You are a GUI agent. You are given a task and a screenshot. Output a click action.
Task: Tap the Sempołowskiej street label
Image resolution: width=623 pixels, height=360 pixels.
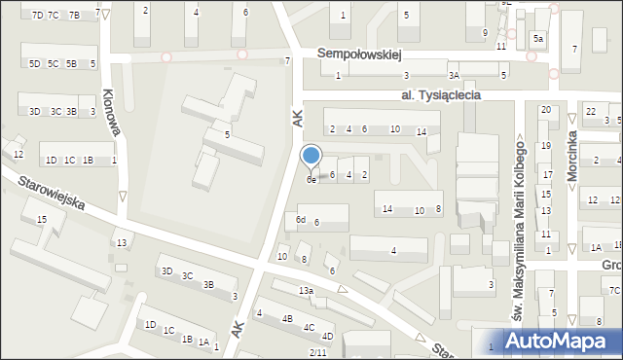[365, 55]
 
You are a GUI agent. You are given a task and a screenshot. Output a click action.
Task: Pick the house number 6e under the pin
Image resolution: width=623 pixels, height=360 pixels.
[311, 179]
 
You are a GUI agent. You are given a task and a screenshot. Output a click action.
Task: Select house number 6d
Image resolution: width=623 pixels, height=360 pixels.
[302, 221]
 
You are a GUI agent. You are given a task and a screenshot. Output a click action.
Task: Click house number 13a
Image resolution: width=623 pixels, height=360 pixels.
[306, 291]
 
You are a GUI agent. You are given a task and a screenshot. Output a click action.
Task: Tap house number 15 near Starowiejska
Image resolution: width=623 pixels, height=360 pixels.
[41, 220]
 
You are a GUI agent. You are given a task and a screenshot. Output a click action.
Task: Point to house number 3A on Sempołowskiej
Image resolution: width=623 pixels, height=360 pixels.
[454, 75]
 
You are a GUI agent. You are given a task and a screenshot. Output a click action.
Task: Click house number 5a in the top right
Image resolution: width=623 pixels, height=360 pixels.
[537, 39]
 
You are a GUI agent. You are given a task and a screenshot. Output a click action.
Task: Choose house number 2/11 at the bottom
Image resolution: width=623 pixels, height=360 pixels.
[317, 351]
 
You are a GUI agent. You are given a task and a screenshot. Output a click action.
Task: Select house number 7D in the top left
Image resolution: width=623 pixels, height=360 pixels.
[37, 16]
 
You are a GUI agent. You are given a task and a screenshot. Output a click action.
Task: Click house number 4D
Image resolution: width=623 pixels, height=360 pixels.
[327, 337]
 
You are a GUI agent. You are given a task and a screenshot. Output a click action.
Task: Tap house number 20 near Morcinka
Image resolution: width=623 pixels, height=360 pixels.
[545, 110]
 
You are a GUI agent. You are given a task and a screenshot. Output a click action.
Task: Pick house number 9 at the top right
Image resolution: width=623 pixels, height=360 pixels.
[485, 33]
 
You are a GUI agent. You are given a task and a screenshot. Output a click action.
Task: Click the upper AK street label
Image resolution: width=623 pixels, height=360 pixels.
[297, 119]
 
